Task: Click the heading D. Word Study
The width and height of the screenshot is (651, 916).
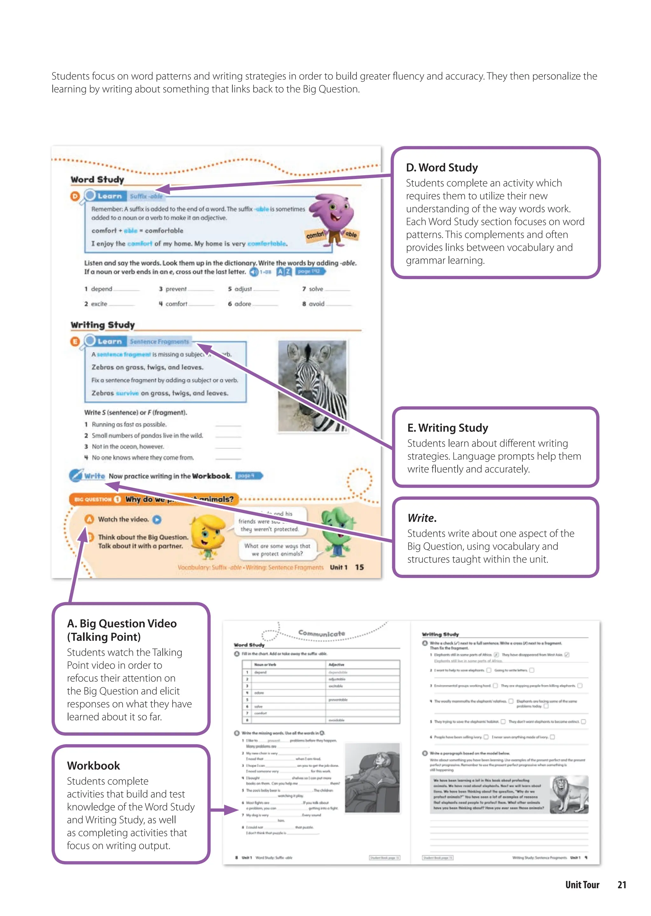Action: tap(442, 168)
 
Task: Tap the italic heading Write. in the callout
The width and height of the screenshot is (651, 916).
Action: tap(422, 518)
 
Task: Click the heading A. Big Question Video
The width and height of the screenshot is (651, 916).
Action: tap(121, 623)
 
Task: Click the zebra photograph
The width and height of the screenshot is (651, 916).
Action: tap(312, 386)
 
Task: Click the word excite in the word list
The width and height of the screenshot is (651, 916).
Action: tap(99, 304)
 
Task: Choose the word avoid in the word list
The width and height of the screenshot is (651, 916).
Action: tap(316, 304)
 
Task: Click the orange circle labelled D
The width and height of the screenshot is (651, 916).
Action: tap(75, 196)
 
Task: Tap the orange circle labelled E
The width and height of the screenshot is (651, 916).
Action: tap(75, 341)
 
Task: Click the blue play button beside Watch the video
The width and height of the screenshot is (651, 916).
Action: tap(157, 520)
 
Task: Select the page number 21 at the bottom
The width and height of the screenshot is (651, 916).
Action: tap(621, 885)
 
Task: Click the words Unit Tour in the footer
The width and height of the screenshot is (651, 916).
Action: tap(582, 885)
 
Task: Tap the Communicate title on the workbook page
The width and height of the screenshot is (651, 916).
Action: tap(321, 633)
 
